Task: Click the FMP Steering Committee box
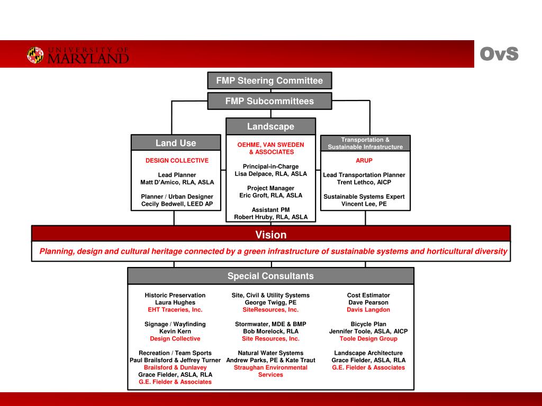[269, 81]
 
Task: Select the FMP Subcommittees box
[269, 101]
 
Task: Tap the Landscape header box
[270, 126]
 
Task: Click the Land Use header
[176, 143]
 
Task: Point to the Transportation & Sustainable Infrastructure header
[365, 143]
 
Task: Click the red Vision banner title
[271, 235]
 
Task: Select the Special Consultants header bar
[270, 276]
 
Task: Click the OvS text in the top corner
[499, 54]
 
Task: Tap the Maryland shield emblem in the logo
[35, 55]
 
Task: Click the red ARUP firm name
[364, 161]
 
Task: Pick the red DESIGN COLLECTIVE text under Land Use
[177, 161]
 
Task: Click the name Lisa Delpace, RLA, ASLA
[270, 174]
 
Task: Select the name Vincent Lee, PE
[364, 204]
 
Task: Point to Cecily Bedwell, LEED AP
[177, 204]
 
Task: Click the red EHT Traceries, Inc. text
[175, 310]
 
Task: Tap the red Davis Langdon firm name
[368, 310]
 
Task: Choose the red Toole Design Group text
[368, 339]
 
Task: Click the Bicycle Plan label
[368, 324]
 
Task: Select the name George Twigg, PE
[270, 302]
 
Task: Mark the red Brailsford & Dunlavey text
[175, 367]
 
